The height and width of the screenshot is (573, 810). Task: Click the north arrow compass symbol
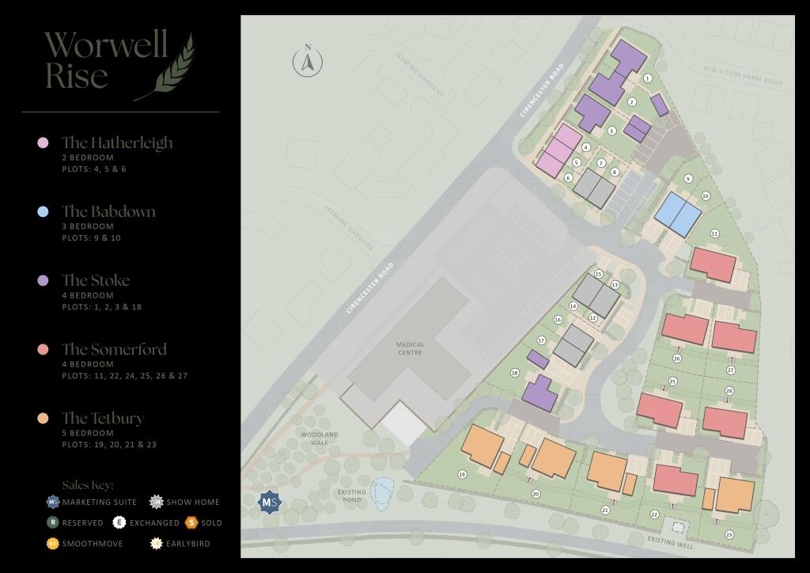tap(308, 61)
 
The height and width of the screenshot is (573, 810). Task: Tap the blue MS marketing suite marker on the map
tap(270, 502)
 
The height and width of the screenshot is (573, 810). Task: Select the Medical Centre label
tap(411, 348)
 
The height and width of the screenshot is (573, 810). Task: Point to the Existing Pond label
tap(352, 496)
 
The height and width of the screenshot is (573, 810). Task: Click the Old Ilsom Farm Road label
tap(743, 75)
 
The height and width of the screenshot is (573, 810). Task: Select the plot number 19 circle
tap(461, 475)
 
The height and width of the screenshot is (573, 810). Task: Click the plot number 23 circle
tap(729, 536)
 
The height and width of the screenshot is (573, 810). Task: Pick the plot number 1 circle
tap(648, 78)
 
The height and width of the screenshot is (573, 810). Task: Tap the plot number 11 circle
tap(714, 233)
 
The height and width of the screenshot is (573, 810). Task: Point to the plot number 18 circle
tap(515, 373)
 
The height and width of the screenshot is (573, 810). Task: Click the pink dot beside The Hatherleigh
tap(44, 142)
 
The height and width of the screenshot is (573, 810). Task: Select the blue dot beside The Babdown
tap(44, 211)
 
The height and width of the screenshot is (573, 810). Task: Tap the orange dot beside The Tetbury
tap(44, 418)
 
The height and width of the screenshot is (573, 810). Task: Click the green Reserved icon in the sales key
tap(52, 522)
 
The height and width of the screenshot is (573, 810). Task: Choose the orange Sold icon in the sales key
tap(191, 522)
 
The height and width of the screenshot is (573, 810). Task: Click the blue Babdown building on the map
tap(678, 213)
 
